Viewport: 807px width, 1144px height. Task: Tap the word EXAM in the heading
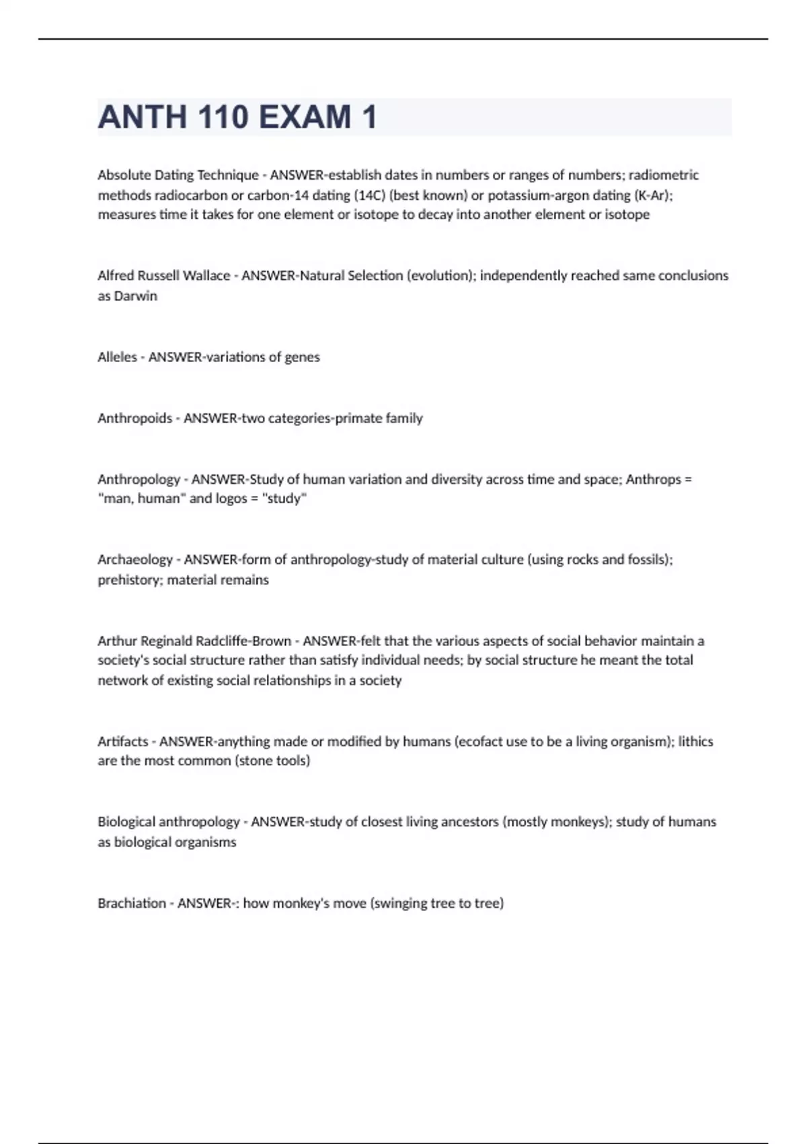tap(305, 117)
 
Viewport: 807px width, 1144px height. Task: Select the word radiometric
tap(664, 175)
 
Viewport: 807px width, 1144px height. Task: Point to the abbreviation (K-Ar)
tap(652, 195)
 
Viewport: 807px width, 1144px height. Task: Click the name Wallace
tap(203, 276)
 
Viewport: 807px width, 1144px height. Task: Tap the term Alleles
tap(117, 357)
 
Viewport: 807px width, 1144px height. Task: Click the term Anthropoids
tap(134, 419)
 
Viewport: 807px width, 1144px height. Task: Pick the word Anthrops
tap(653, 480)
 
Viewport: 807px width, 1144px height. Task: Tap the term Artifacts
tap(122, 742)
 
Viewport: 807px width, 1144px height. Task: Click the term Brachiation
tap(131, 903)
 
